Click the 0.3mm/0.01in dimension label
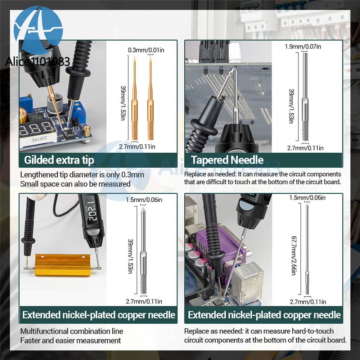[x=146, y=50]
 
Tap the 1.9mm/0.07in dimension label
[x=303, y=46]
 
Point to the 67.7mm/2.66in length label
[x=294, y=256]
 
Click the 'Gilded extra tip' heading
[x=59, y=160]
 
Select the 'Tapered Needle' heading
[x=227, y=160]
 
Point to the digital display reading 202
[x=92, y=210]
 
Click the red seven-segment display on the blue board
[x=37, y=129]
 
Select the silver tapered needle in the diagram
[x=305, y=96]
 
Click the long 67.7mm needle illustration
[x=307, y=249]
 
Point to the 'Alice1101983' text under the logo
[x=37, y=62]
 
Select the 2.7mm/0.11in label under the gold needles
[x=137, y=147]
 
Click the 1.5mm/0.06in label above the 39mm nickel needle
[x=144, y=200]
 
